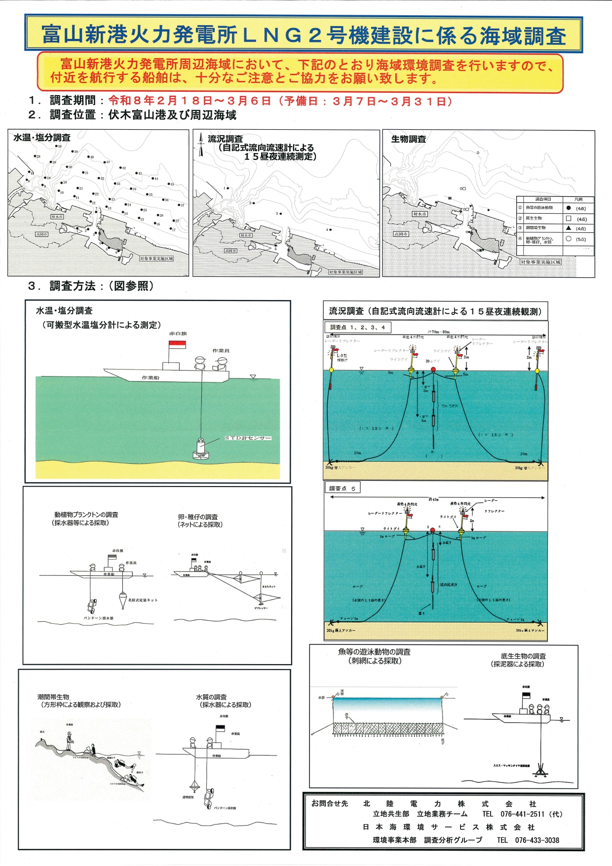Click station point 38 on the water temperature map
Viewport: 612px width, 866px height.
pos(56,147)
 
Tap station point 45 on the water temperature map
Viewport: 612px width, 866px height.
pos(169,184)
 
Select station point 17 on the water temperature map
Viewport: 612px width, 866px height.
pos(170,229)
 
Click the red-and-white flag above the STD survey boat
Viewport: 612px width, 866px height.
pos(177,344)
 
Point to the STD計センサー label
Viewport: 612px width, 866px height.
pos(248,438)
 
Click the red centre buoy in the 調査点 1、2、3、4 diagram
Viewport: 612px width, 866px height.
pos(433,369)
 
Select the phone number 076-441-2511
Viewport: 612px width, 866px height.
pos(522,814)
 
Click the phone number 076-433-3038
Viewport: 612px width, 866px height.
pos(537,840)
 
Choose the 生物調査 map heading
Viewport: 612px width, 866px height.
pos(408,139)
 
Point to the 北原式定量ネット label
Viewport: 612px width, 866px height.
pos(143,600)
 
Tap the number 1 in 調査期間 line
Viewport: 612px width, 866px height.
pos(34,101)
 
